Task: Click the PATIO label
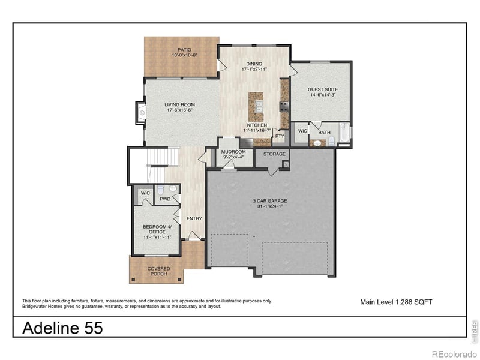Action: pos(184,49)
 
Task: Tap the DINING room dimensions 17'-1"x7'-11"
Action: pos(254,68)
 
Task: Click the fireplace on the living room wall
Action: pos(141,111)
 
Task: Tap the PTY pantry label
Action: pos(280,136)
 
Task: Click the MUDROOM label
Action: pos(233,152)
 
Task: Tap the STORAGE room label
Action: pos(274,154)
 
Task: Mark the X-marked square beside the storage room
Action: pos(286,164)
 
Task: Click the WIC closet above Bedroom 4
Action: pos(145,193)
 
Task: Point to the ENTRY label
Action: pos(194,218)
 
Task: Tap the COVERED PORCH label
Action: pos(158,271)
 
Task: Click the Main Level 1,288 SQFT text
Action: pos(395,302)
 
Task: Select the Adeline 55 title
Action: pos(62,328)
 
